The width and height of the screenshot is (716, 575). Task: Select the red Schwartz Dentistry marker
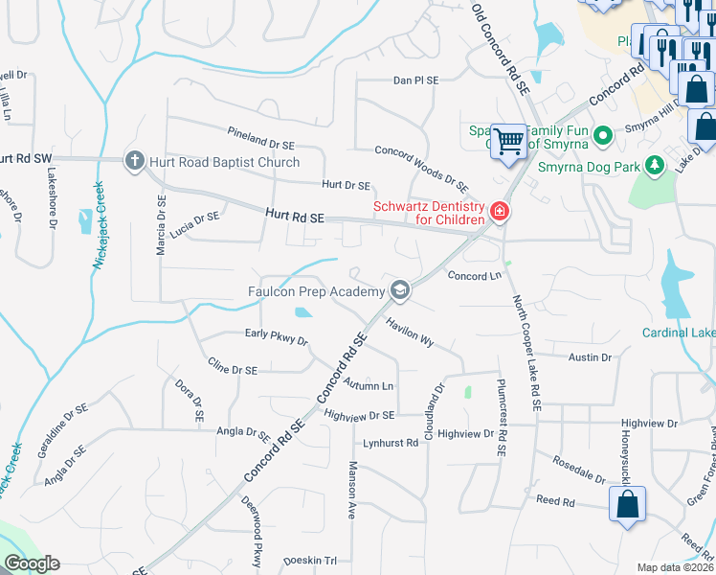click(x=499, y=212)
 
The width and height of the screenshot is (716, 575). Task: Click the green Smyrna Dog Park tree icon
click(x=655, y=166)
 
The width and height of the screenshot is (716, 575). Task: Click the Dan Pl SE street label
click(x=415, y=81)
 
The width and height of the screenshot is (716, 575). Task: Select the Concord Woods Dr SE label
click(x=421, y=163)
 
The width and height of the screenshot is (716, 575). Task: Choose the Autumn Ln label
click(x=368, y=385)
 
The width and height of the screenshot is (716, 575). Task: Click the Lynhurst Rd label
click(x=391, y=444)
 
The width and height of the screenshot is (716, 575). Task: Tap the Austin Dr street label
click(x=589, y=357)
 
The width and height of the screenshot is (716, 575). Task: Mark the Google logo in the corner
click(x=32, y=563)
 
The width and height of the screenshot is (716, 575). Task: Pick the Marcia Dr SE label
click(x=161, y=226)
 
